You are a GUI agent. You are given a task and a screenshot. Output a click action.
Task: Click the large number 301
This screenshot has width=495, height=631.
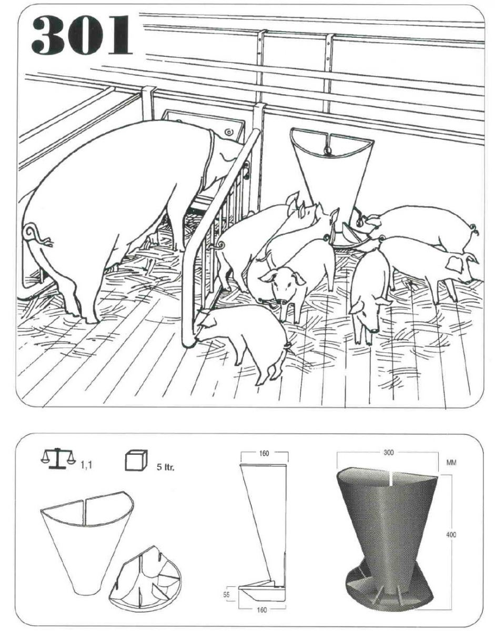click(x=82, y=35)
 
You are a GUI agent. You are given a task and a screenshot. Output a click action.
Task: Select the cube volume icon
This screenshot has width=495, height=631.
click(x=136, y=460)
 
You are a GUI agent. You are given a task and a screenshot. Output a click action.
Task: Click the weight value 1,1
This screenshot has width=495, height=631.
click(x=87, y=465)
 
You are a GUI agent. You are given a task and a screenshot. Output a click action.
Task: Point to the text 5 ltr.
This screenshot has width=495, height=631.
click(x=166, y=467)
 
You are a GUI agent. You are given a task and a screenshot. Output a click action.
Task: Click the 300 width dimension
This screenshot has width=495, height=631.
click(x=388, y=453)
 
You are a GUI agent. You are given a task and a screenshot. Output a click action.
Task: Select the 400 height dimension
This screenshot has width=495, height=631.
click(x=451, y=534)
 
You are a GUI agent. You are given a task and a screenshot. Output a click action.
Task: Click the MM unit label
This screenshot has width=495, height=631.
click(x=451, y=463)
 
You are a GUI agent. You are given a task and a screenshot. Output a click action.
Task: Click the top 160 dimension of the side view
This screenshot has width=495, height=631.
click(x=264, y=454)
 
